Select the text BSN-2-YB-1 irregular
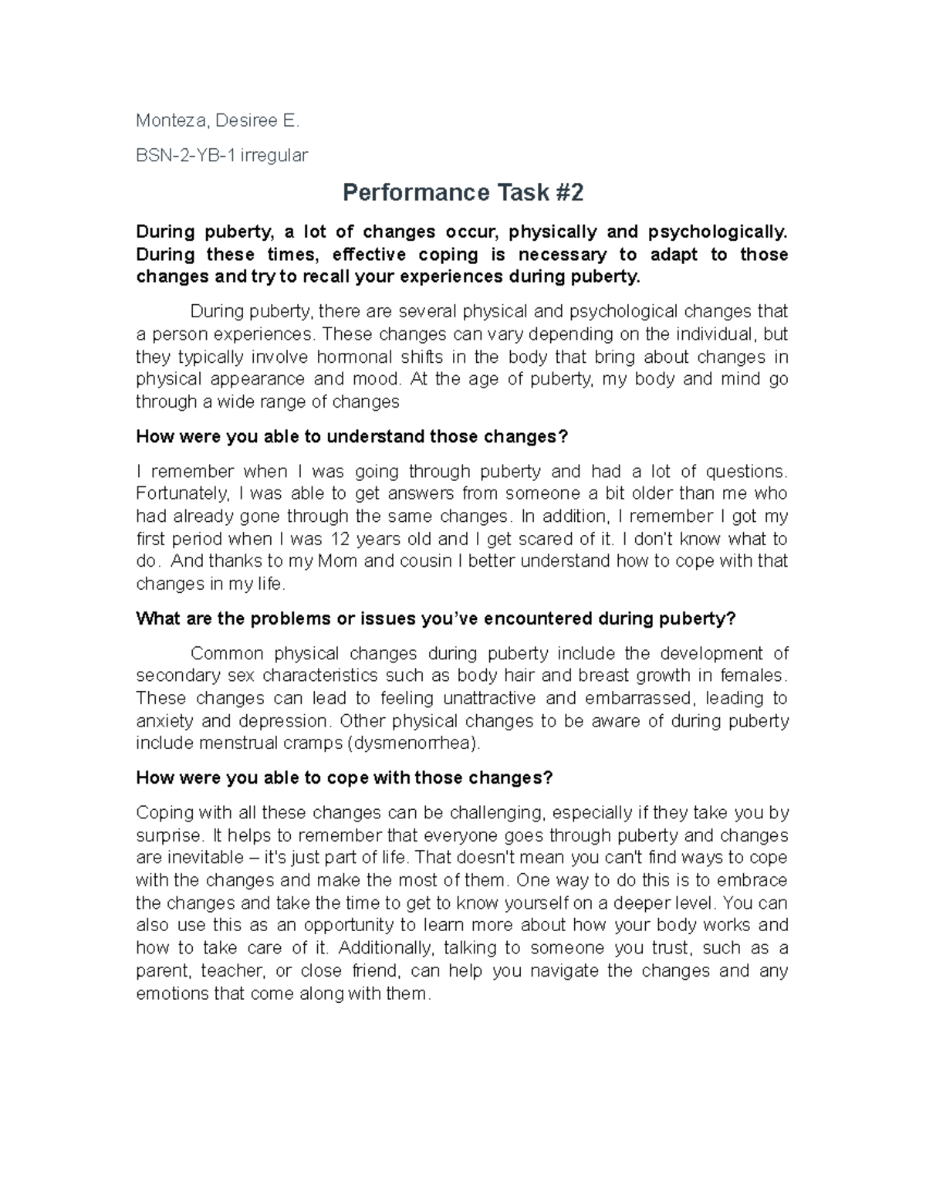[221, 156]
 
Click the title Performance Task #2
[462, 192]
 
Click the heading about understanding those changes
[351, 437]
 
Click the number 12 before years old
[339, 539]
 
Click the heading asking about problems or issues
[436, 619]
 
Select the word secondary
[171, 676]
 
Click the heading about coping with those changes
[344, 778]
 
